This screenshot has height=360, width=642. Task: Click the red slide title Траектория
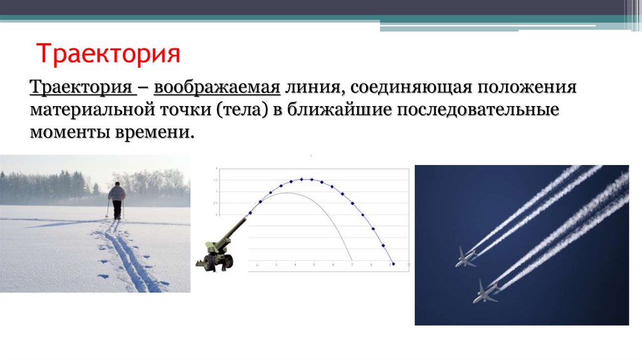pyautogui.click(x=108, y=54)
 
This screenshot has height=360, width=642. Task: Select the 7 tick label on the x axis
pyautogui.click(x=352, y=267)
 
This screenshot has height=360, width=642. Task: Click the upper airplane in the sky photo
pyautogui.click(x=465, y=257)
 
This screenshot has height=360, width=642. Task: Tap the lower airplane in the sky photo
pyautogui.click(x=483, y=292)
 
